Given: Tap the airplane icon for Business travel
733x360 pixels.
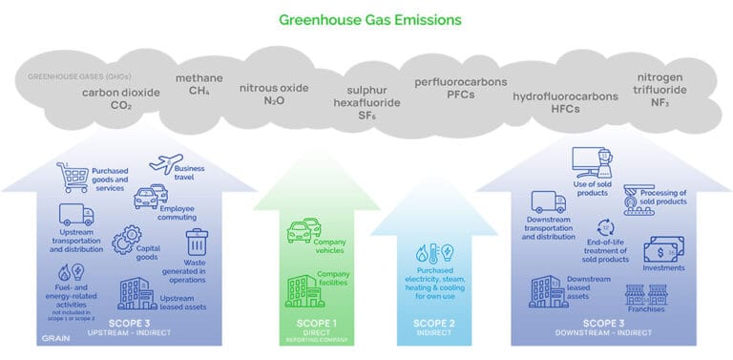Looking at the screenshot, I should click(x=165, y=164).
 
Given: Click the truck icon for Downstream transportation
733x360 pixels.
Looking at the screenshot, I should click(x=548, y=202).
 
